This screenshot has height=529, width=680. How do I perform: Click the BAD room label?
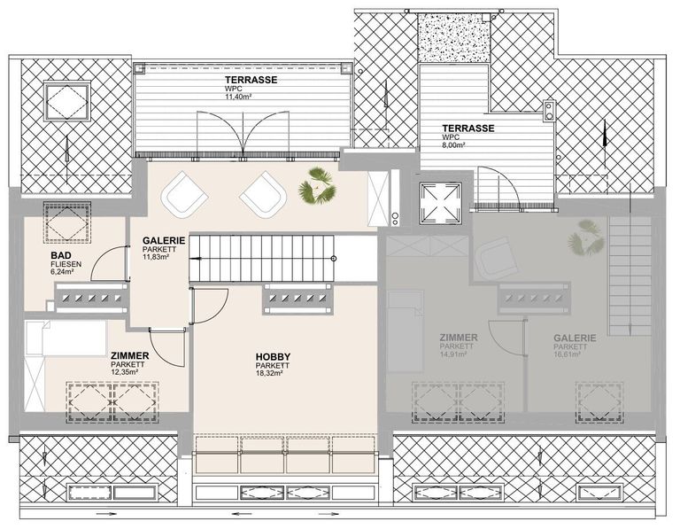click(61, 255)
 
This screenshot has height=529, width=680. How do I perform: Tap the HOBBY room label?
click(273, 357)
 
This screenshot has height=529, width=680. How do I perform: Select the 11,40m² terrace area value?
click(238, 97)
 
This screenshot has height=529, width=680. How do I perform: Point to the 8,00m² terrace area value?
click(453, 145)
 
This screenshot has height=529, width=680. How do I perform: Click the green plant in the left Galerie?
click(318, 186)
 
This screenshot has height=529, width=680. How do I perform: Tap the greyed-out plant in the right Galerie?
click(586, 239)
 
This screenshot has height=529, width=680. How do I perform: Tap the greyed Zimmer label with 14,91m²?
click(459, 338)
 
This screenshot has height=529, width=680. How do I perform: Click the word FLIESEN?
click(66, 264)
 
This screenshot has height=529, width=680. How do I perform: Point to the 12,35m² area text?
click(125, 371)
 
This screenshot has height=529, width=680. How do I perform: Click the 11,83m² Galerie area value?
click(156, 256)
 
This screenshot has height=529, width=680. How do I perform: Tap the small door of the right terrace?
click(498, 187)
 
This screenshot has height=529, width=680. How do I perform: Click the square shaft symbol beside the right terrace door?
click(440, 203)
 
